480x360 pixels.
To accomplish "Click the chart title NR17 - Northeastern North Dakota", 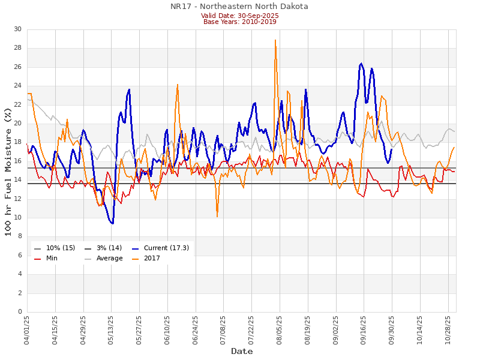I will pos(239,7).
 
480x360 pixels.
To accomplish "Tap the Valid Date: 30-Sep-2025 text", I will pos(239,15).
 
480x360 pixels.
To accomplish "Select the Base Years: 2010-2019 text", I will pos(239,22).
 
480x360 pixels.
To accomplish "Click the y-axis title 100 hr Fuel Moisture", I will pos(8,170).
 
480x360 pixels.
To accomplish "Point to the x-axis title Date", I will pos(242,351).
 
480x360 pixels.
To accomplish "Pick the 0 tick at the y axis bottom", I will pos(19,312).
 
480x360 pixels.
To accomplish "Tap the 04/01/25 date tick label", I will pos(27,328).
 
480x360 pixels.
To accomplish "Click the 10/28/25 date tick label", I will pos(448,328).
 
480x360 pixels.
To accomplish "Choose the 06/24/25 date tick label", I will pos(196,328).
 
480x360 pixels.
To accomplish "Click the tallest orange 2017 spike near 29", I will pos(275,41).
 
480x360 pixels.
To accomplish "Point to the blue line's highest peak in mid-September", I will pos(361,63).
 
